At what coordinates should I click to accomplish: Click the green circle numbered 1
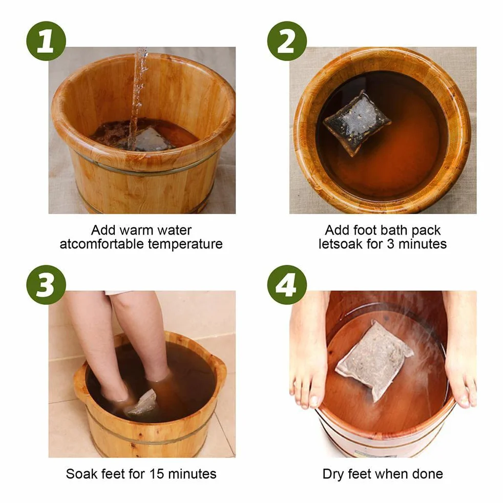click(x=46, y=41)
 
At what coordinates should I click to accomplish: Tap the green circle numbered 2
click(x=287, y=41)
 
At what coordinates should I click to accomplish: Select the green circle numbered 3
click(x=46, y=285)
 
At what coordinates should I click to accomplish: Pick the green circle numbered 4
click(x=287, y=285)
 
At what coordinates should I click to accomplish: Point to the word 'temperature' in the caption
click(x=185, y=244)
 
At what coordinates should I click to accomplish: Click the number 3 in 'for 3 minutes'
click(x=390, y=244)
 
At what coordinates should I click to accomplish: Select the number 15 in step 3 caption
click(x=157, y=474)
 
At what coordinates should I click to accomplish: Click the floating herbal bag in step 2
click(x=357, y=122)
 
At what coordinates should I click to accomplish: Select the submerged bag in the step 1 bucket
click(x=152, y=139)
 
